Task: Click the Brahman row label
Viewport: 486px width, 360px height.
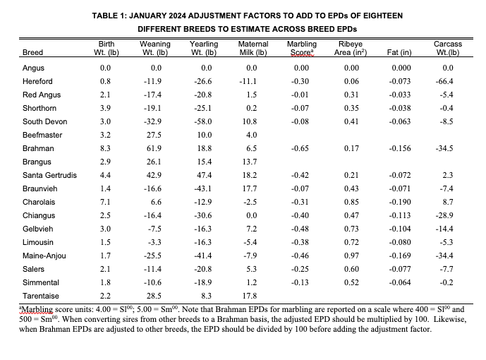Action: (x=38, y=149)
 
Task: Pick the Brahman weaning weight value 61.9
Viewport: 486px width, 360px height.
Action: (x=157, y=149)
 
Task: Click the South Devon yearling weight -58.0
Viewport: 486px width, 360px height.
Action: (x=205, y=121)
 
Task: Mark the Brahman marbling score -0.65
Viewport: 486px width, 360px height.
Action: (x=302, y=149)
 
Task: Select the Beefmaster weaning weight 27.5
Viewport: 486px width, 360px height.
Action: (x=157, y=136)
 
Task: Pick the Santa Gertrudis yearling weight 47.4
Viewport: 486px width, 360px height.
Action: (x=205, y=175)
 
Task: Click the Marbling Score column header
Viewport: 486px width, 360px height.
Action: (x=302, y=48)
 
